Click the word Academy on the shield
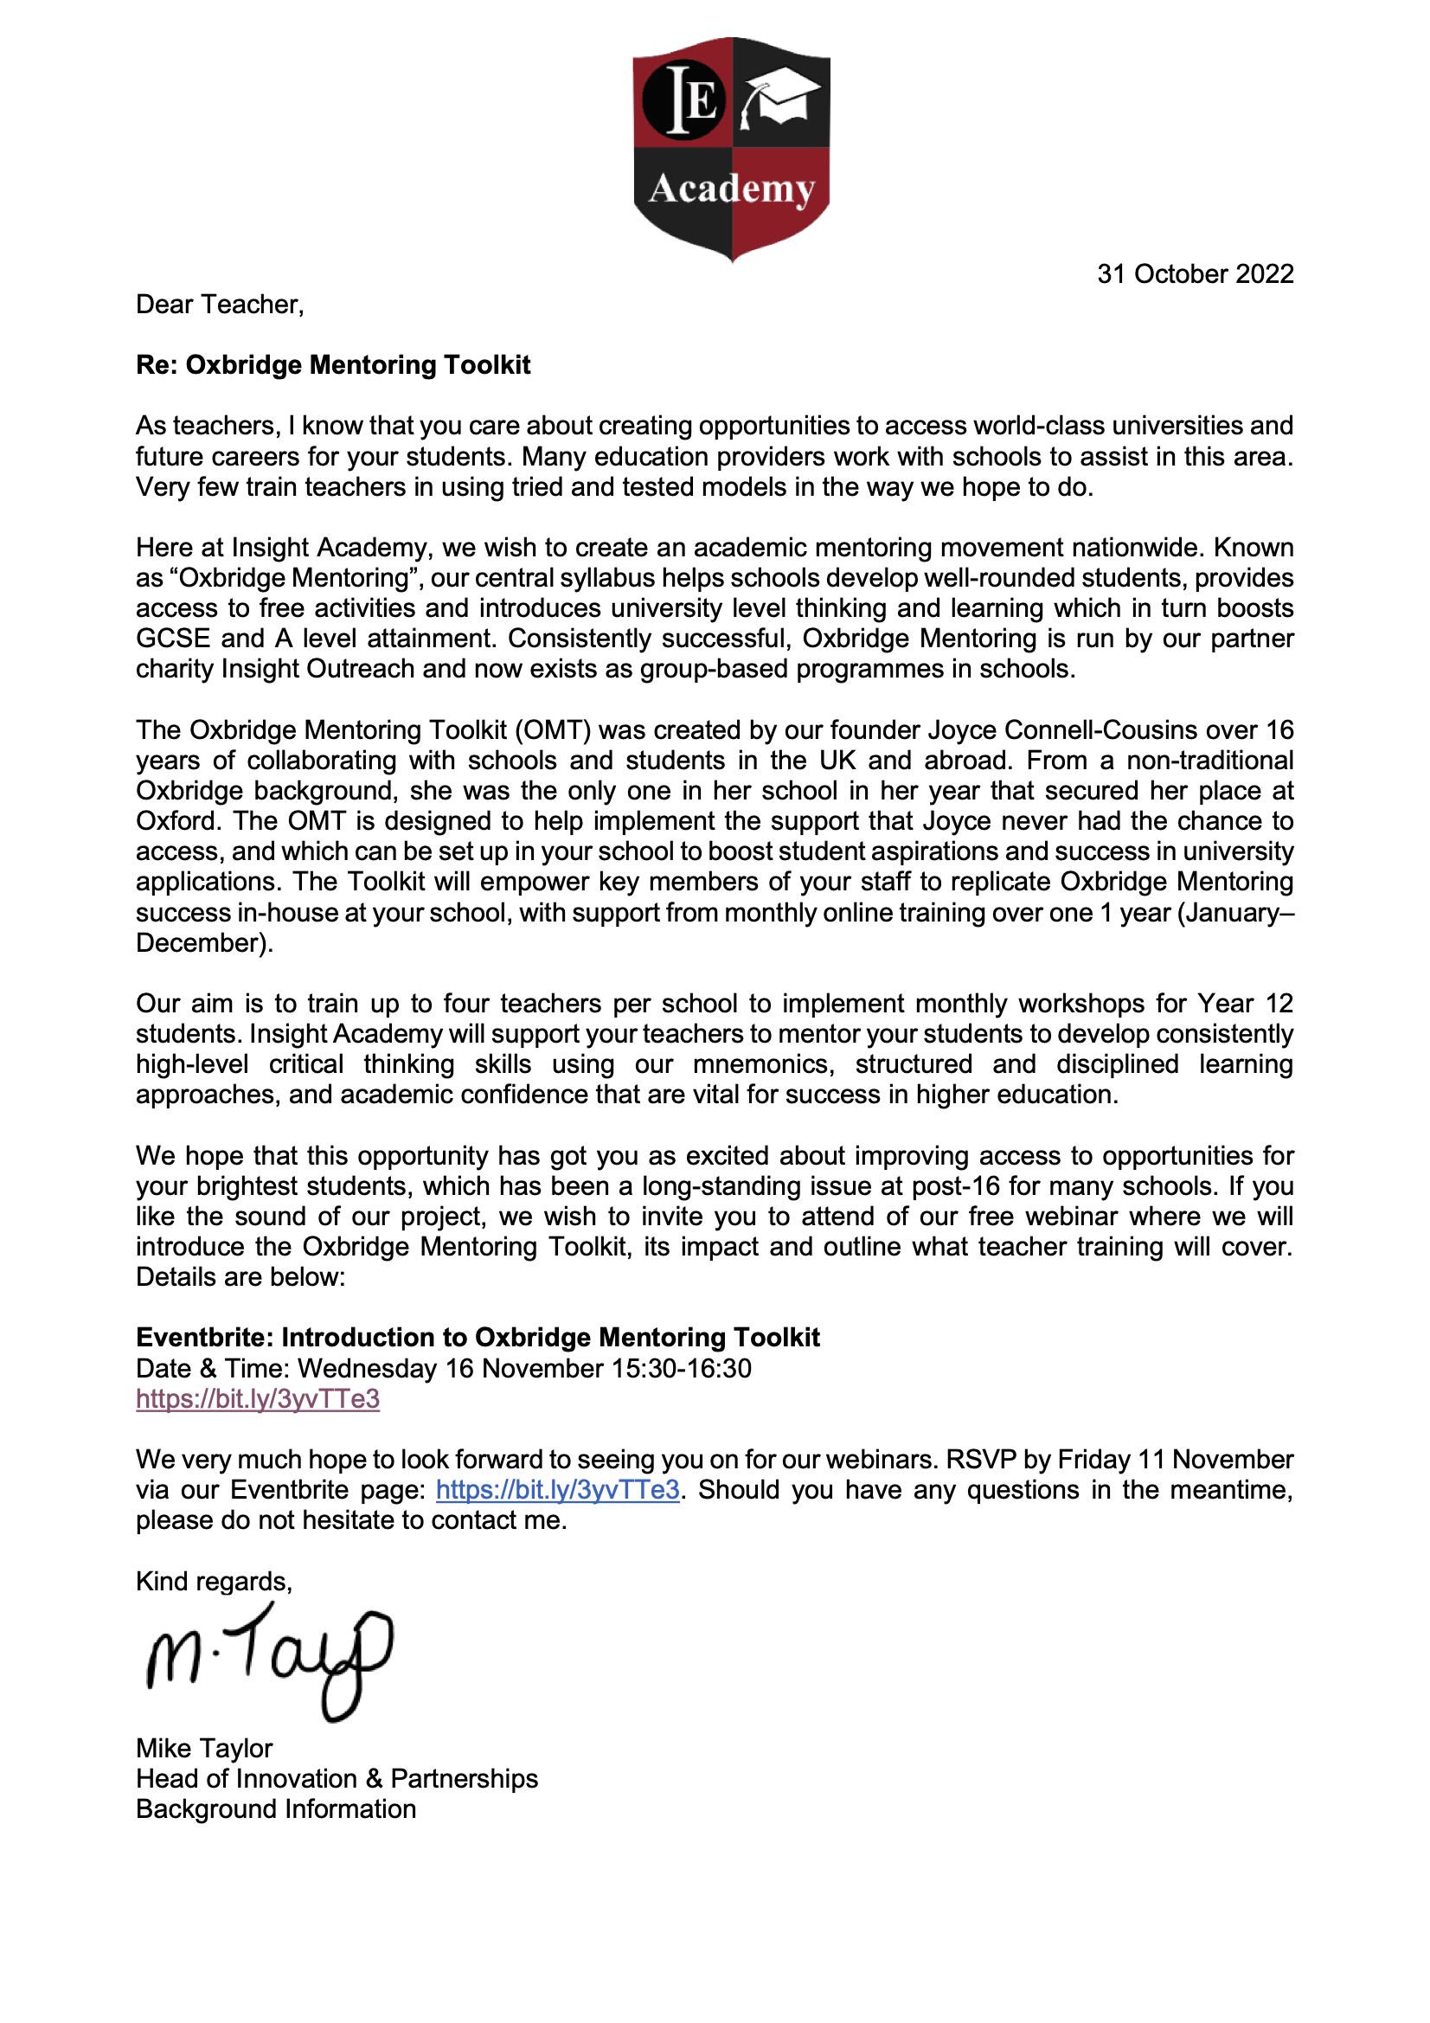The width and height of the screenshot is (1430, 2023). click(x=731, y=189)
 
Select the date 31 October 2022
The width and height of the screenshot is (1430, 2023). click(x=1195, y=274)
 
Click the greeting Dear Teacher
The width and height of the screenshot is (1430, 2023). click(x=220, y=304)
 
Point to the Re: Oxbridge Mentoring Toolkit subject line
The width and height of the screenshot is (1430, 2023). click(x=333, y=365)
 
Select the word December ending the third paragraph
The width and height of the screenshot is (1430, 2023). click(x=203, y=943)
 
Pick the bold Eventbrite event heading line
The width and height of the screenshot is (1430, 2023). click(x=478, y=1337)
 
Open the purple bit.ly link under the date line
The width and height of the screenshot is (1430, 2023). click(x=257, y=1398)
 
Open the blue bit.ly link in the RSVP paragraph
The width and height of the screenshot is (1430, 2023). click(x=558, y=1489)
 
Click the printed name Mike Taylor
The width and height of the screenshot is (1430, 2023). click(x=204, y=1748)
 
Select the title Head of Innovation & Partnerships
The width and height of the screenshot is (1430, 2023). click(x=337, y=1778)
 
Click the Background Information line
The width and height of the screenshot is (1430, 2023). click(x=276, y=1809)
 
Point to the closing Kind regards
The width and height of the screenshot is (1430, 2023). click(x=213, y=1581)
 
